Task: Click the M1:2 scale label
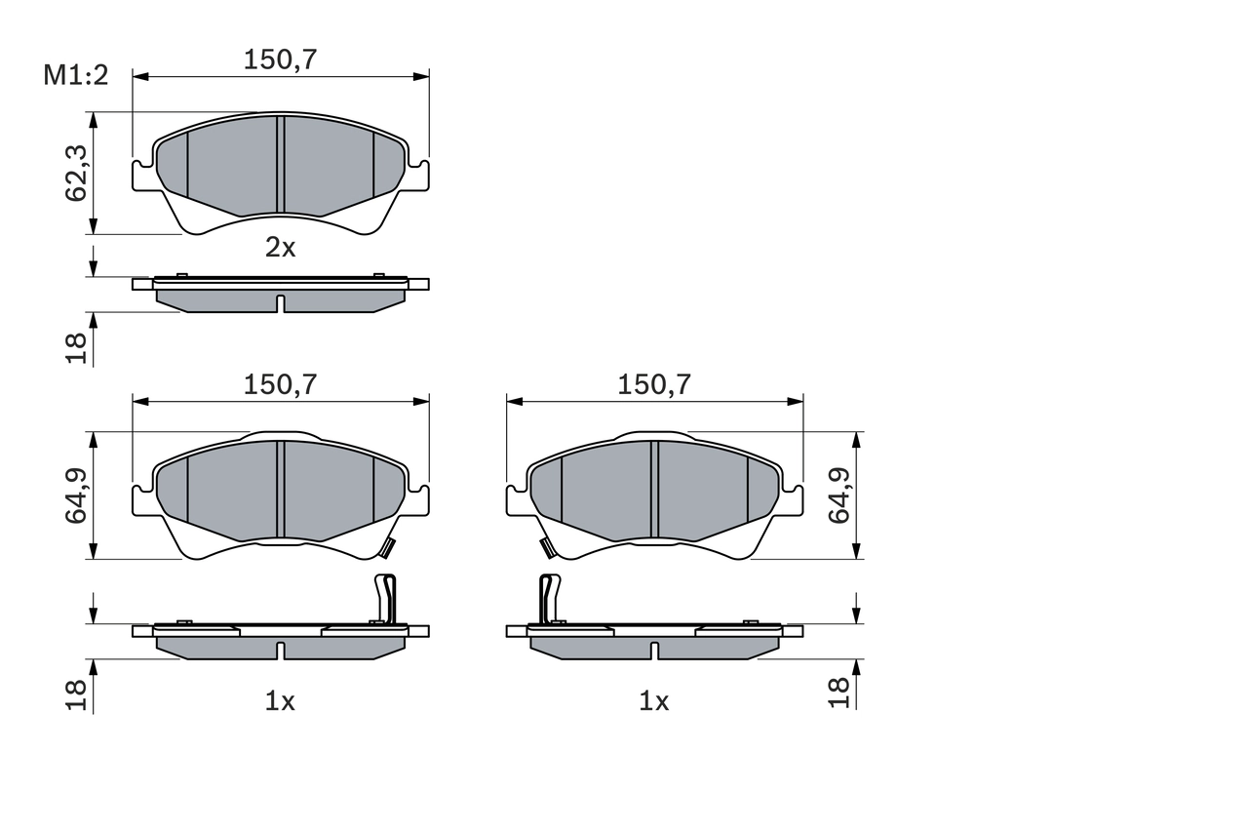(74, 75)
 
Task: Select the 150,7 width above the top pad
(281, 59)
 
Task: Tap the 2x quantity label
(280, 248)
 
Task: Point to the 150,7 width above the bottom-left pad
(281, 384)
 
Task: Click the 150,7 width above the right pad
(654, 384)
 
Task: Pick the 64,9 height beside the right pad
(839, 495)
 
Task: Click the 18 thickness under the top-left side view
(77, 347)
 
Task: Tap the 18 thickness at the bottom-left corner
(77, 693)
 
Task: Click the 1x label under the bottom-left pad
(280, 700)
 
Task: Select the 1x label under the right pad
(653, 700)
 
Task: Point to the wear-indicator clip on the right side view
(549, 598)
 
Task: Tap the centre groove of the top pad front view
(280, 164)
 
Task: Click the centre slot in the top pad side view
(280, 303)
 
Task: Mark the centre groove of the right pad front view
(654, 489)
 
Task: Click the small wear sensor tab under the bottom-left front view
(387, 549)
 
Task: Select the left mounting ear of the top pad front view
(142, 176)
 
